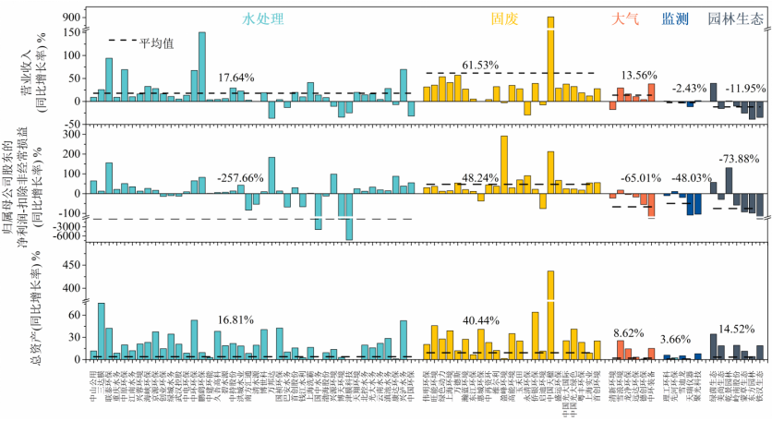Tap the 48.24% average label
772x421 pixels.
pos(480,176)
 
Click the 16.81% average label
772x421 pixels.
pos(235,321)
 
